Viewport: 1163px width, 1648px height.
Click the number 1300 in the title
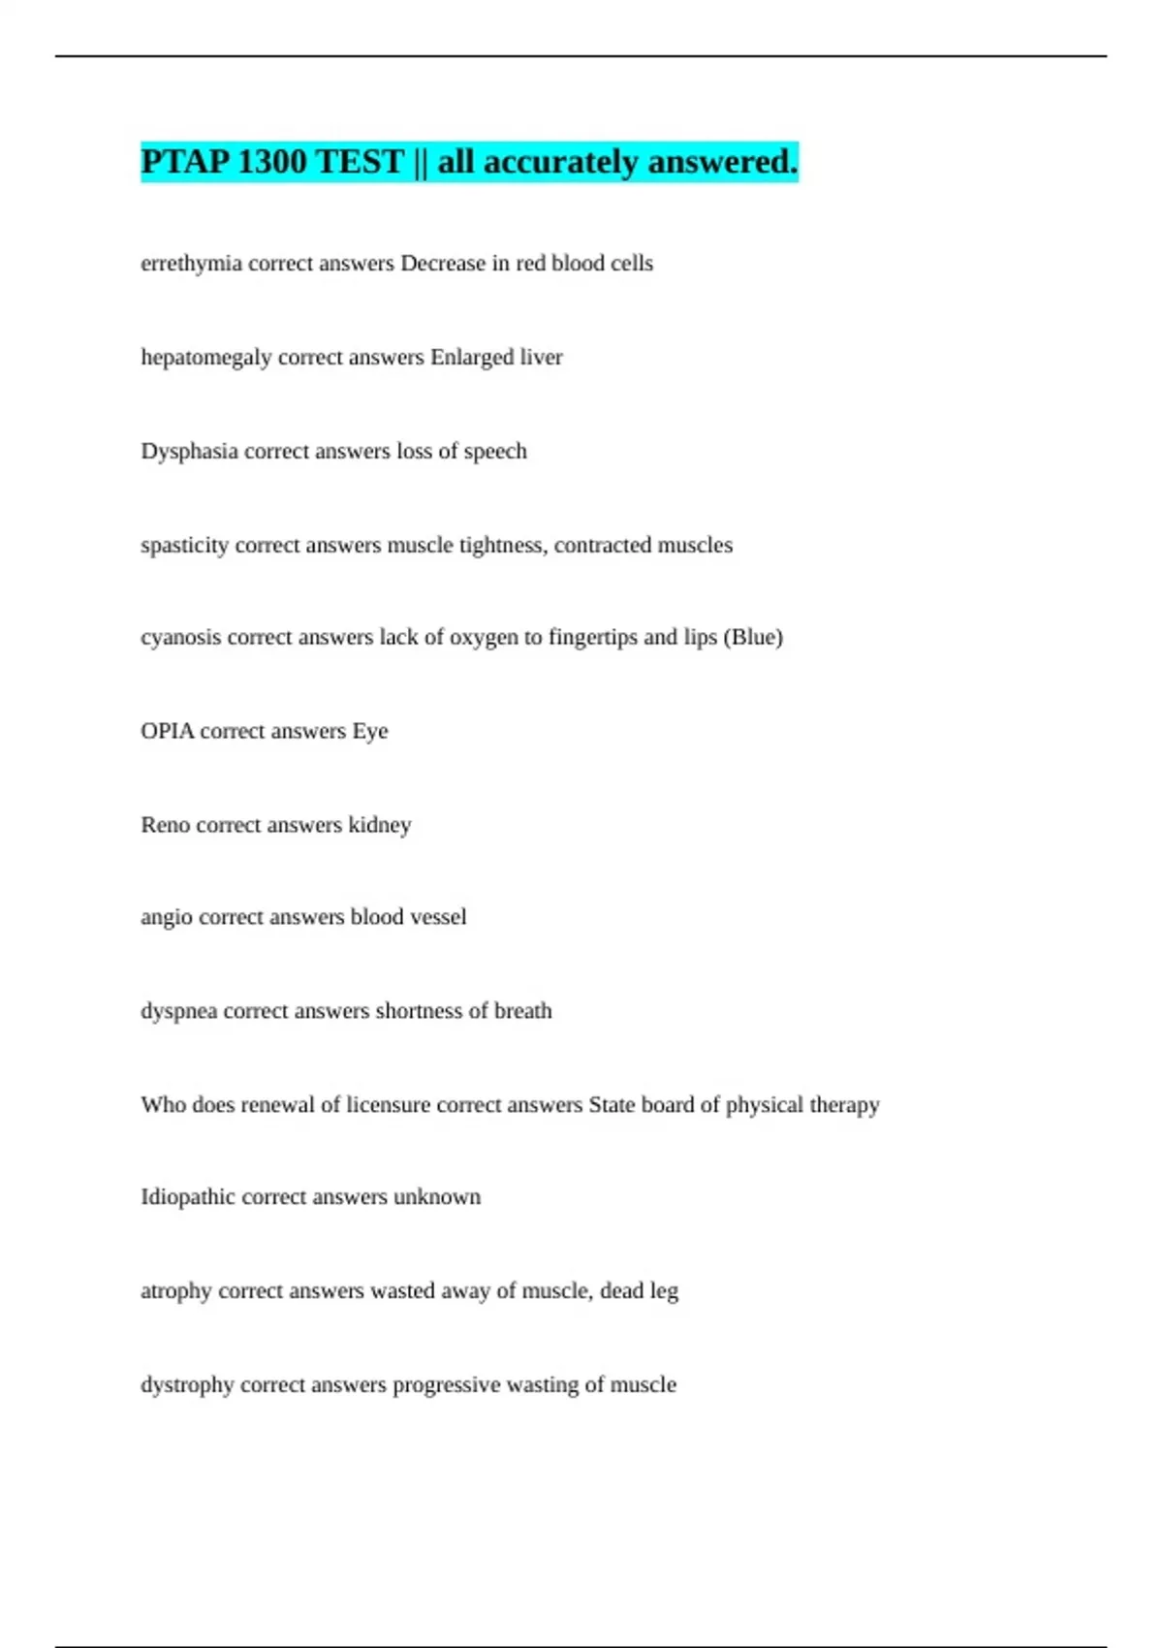coord(270,162)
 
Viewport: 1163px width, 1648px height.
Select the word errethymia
coord(191,264)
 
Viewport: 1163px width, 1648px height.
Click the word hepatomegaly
coord(205,358)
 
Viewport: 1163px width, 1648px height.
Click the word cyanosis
coord(180,638)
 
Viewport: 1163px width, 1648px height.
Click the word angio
coord(166,918)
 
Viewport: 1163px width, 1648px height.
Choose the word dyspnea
coord(178,1011)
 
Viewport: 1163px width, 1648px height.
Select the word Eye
coord(370,731)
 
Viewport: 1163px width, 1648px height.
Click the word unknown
coord(437,1197)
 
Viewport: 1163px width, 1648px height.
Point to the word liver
coord(541,358)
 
